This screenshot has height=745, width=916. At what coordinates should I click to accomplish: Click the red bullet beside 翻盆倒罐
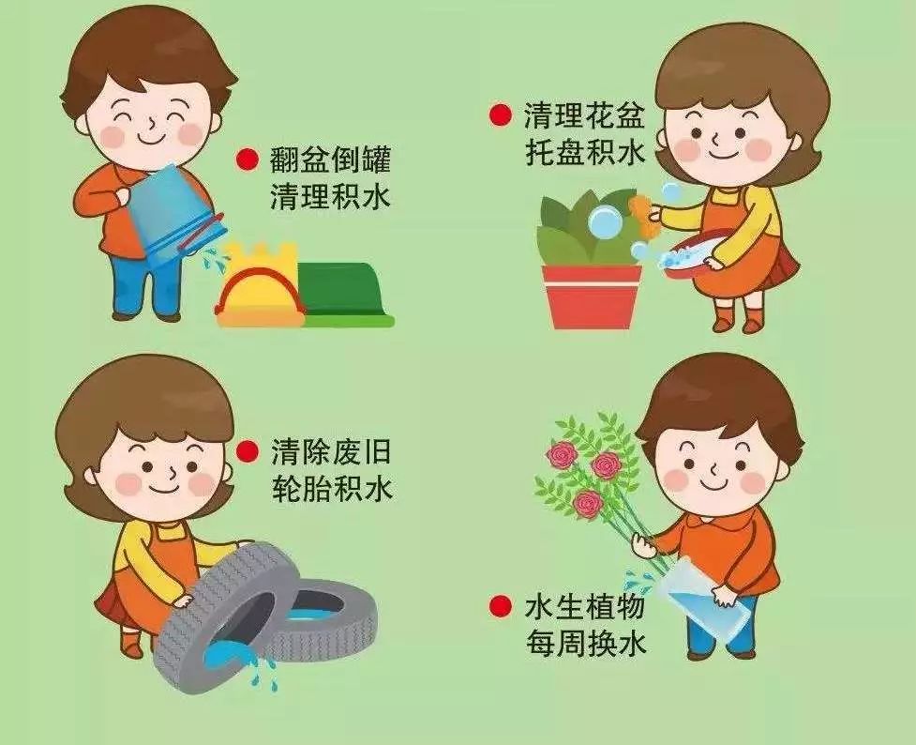[x=248, y=160]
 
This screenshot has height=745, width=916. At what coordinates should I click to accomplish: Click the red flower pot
[x=592, y=296]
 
